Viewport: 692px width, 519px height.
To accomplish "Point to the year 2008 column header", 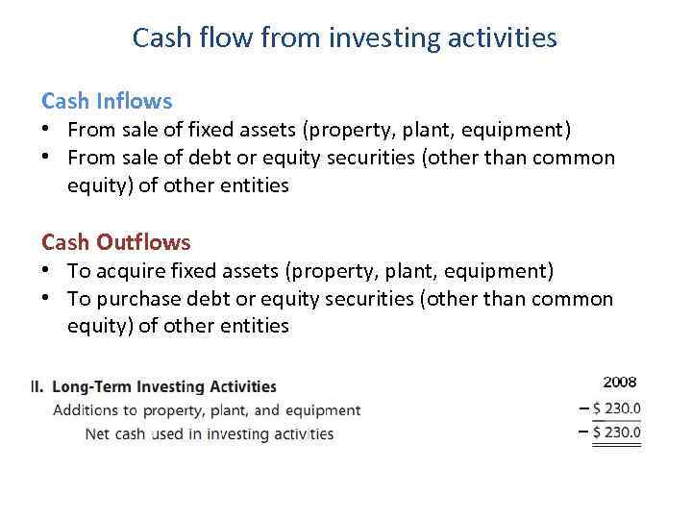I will point(619,383).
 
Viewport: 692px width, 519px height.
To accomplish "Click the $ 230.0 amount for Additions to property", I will point(616,408).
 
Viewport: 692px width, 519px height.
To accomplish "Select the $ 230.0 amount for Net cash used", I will point(616,432).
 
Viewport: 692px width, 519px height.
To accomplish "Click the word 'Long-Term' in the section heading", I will point(93,387).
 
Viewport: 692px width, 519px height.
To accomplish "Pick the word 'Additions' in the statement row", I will point(85,410).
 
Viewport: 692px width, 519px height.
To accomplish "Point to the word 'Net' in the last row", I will point(96,433).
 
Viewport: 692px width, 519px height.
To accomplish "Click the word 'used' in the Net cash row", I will point(167,433).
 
